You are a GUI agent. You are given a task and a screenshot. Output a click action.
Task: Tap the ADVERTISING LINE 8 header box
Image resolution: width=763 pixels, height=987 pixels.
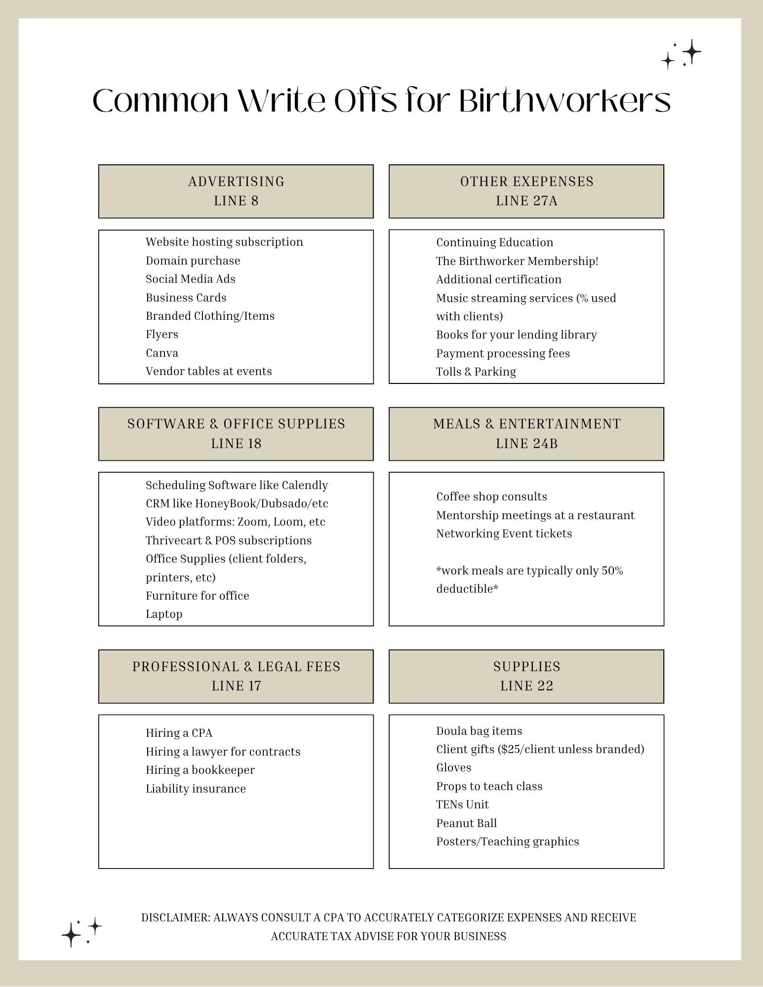click(x=236, y=191)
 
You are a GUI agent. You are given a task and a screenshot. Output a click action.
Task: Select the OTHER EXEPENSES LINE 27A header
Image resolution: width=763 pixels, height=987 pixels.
click(x=526, y=191)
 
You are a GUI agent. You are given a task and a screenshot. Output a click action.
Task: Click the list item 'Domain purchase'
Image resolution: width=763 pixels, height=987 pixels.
click(x=193, y=261)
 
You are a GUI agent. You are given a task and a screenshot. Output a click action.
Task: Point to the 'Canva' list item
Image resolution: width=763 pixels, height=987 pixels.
click(x=162, y=353)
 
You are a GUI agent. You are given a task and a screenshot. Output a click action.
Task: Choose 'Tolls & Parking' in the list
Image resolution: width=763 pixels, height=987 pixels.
click(x=476, y=372)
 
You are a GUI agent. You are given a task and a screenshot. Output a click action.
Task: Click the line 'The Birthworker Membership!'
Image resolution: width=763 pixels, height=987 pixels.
click(x=517, y=261)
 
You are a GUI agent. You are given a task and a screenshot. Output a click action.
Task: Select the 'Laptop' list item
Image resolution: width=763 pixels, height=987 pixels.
click(x=164, y=614)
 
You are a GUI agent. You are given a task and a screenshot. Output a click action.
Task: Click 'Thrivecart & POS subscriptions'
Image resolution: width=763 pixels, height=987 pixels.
click(x=229, y=540)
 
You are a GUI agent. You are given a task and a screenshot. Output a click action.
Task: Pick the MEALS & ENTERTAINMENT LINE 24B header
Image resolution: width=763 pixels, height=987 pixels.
click(x=526, y=434)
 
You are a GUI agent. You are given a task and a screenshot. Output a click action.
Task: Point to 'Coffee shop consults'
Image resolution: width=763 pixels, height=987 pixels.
click(x=491, y=496)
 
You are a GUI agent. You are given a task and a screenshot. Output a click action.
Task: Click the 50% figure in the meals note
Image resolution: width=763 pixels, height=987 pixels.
click(x=612, y=570)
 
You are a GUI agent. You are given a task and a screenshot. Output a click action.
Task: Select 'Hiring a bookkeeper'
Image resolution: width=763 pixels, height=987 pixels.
click(x=200, y=770)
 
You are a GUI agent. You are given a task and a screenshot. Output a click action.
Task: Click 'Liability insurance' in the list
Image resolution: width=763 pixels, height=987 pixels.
click(x=196, y=789)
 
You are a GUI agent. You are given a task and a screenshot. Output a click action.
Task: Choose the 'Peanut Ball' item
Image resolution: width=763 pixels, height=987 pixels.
click(x=466, y=823)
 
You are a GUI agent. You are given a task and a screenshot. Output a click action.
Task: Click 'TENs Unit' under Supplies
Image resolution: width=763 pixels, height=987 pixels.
click(x=462, y=804)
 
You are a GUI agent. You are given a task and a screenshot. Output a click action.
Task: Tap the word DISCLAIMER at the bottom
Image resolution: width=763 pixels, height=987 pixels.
click(x=175, y=917)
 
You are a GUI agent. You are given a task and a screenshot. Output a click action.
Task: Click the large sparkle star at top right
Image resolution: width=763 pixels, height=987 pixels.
click(x=692, y=51)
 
